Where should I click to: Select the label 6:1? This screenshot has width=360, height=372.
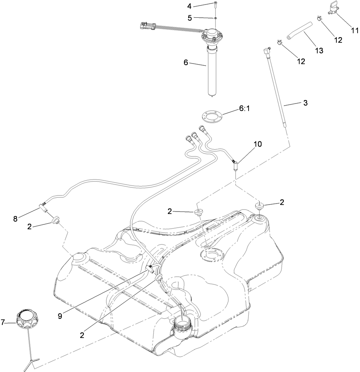244,109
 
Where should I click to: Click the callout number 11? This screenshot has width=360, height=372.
354,30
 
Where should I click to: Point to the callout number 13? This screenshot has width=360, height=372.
319,50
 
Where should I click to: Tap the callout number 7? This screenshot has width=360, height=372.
3,322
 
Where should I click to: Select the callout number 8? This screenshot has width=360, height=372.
15,219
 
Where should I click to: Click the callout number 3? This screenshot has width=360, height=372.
305,103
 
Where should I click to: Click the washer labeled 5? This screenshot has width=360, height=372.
216,18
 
